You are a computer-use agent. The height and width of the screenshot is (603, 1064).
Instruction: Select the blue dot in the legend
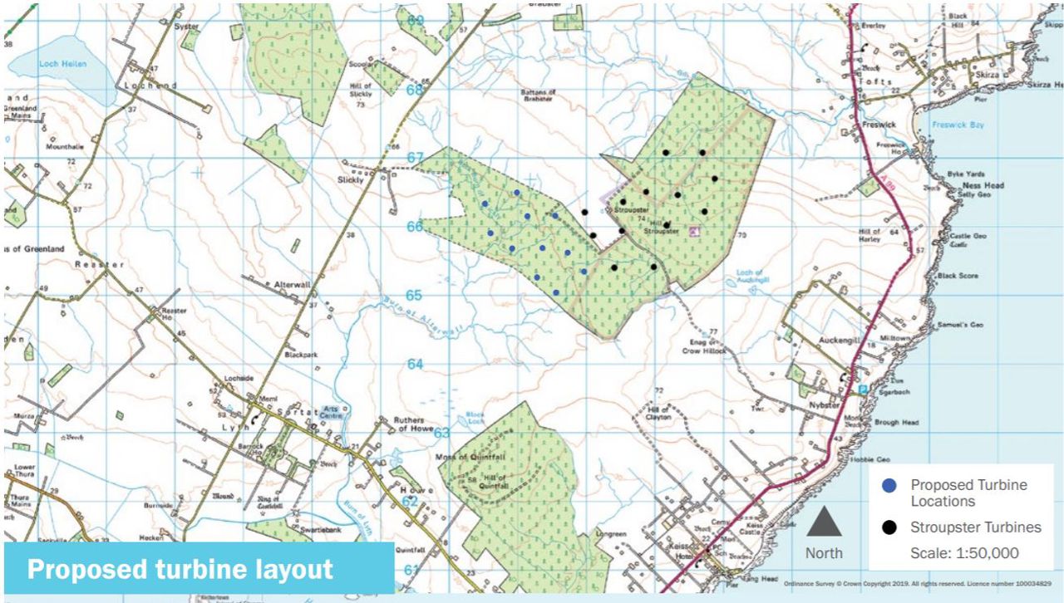point(890,485)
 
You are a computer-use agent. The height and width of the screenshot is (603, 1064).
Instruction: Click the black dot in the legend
point(890,527)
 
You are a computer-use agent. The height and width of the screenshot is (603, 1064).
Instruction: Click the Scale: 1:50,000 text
point(964,553)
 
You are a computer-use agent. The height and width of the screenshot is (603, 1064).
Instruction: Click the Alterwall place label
point(292,284)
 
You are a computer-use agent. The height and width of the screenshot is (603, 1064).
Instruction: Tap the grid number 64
point(415,364)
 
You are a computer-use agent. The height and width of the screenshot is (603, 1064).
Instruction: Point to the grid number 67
point(415,158)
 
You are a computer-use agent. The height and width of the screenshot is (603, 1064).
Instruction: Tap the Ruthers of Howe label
point(408,424)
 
